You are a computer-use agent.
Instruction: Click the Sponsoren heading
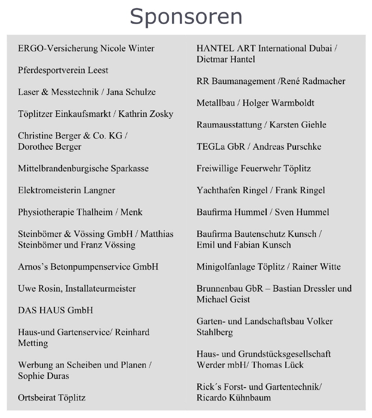pyautogui.click(x=186, y=16)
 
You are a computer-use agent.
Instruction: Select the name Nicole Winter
pyautogui.click(x=127, y=48)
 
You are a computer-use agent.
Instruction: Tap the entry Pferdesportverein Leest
pyautogui.click(x=63, y=70)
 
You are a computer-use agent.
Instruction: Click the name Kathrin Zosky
pyautogui.click(x=146, y=114)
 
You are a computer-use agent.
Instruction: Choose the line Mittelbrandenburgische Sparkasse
pyautogui.click(x=83, y=168)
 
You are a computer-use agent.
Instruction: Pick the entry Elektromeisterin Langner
pyautogui.click(x=66, y=190)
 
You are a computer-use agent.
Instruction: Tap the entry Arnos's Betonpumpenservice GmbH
pyautogui.click(x=88, y=267)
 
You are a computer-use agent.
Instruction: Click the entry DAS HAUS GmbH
pyautogui.click(x=56, y=310)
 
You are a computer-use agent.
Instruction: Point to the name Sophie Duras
pyautogui.click(x=43, y=376)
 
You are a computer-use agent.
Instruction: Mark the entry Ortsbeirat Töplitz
pyautogui.click(x=52, y=398)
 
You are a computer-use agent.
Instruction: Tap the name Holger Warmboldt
pyautogui.click(x=278, y=103)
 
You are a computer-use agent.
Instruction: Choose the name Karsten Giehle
pyautogui.click(x=298, y=125)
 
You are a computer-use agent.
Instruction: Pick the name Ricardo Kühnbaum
pyautogui.click(x=234, y=398)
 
